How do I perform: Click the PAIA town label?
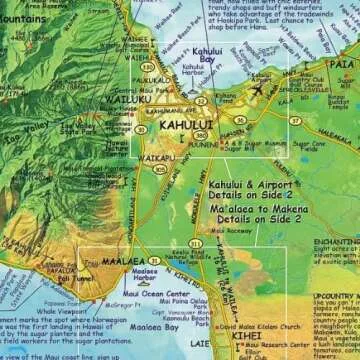[x=342, y=64]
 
